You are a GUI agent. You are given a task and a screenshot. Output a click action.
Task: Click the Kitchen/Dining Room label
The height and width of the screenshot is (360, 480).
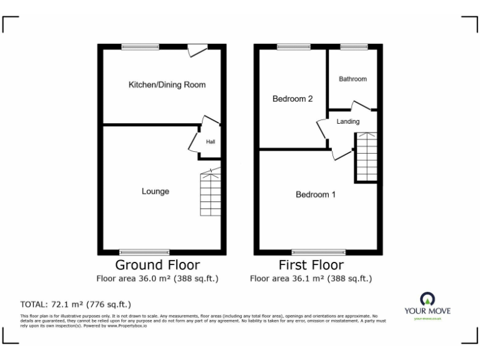167,85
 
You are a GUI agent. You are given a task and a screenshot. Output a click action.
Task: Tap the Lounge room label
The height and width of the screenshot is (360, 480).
155,191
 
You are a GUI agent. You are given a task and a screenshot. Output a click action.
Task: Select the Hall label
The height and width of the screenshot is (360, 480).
211,142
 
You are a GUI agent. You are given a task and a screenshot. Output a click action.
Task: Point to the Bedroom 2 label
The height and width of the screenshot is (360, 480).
292,99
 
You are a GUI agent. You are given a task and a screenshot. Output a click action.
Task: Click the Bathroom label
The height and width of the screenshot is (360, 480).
352,79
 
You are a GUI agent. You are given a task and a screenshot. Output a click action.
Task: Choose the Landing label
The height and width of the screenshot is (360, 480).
348,121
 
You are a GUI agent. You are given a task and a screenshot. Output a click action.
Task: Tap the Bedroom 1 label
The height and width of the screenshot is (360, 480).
316,194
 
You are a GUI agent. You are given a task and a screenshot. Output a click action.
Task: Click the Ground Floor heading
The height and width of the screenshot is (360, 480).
157,265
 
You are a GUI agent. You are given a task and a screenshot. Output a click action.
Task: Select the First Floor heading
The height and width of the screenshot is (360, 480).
311,265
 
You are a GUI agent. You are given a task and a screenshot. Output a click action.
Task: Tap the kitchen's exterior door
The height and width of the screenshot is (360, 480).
197,50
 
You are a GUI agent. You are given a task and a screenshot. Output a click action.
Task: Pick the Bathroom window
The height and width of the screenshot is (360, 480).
353,46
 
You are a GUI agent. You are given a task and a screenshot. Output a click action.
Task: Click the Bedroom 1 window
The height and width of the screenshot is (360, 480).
318,251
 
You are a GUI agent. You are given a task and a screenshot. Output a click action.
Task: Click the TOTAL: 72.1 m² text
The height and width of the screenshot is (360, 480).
76,304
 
